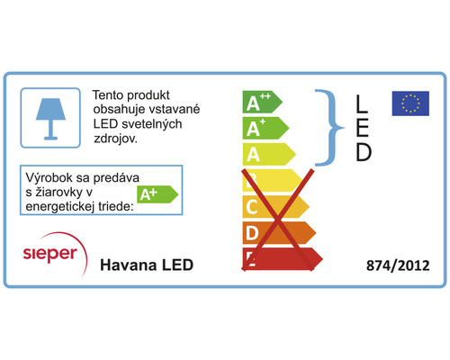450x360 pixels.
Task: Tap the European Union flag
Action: pyautogui.click(x=409, y=103)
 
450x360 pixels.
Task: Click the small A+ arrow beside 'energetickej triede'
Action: pyautogui.click(x=156, y=193)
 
